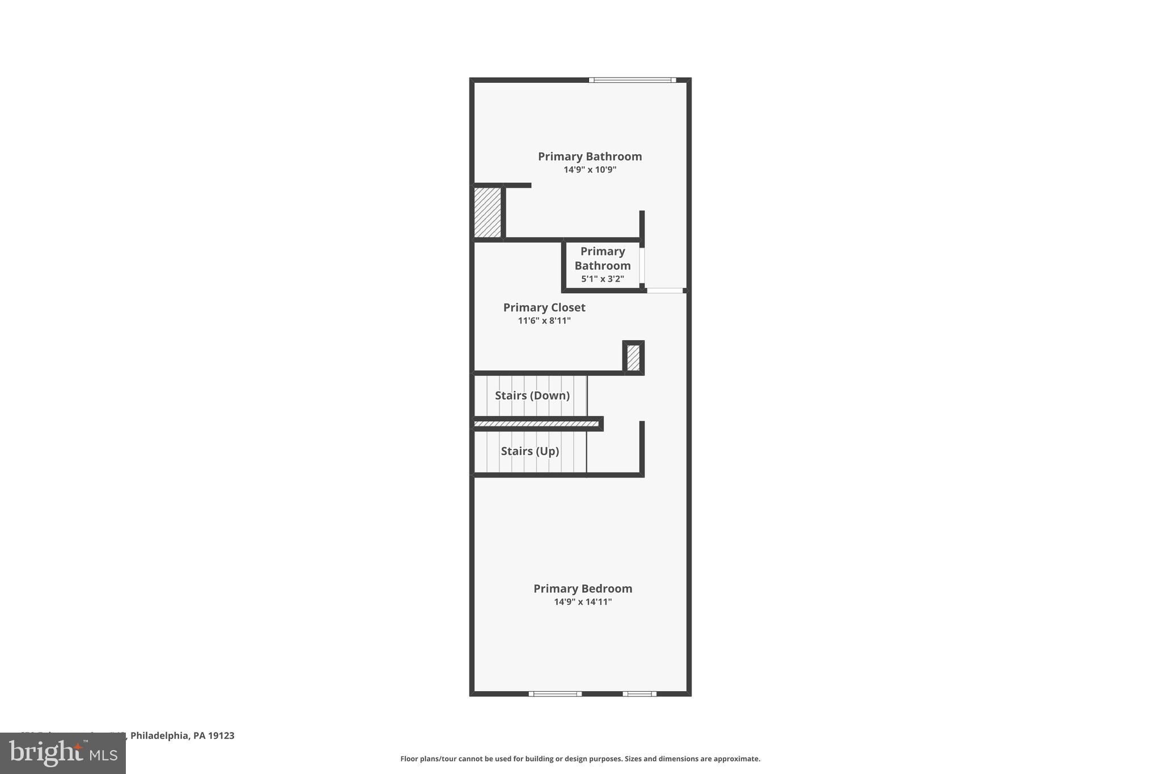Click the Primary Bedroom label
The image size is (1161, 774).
click(582, 589)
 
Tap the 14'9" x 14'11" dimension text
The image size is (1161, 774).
click(582, 602)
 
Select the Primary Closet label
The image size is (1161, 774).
click(544, 307)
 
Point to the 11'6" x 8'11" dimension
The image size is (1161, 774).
click(544, 321)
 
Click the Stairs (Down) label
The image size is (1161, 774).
click(532, 395)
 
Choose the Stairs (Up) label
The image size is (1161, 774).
click(529, 451)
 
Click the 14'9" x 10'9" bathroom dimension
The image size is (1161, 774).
click(590, 170)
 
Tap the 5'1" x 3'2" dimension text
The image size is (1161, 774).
click(602, 279)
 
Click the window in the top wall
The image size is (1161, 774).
click(632, 80)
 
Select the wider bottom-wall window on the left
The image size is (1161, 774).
click(555, 693)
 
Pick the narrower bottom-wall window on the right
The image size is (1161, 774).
click(639, 693)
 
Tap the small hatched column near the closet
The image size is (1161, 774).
click(633, 358)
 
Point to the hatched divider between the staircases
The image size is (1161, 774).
click(536, 424)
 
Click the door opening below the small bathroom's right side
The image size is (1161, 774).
click(665, 290)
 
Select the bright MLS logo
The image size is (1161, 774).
click(62, 753)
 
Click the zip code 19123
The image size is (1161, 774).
click(221, 735)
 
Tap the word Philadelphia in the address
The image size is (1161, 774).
click(160, 735)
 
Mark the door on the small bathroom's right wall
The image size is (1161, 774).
click(642, 265)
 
